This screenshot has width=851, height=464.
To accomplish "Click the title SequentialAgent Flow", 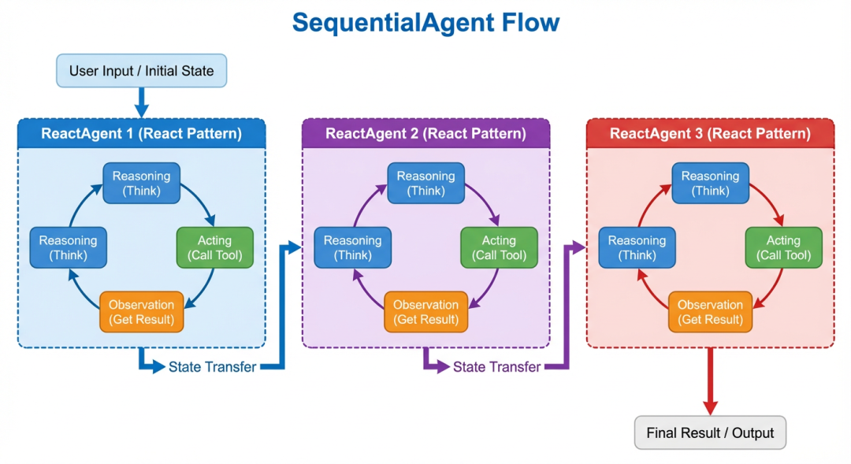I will (x=425, y=22).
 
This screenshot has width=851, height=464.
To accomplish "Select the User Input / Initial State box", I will (x=141, y=71).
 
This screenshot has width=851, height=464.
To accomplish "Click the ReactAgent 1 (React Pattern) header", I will (x=142, y=133).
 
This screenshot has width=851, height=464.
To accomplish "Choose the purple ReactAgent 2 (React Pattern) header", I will (x=425, y=133).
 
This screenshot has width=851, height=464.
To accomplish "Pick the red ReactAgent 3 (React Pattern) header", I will (x=710, y=133).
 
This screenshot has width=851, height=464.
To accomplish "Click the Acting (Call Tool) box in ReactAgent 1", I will (x=214, y=247).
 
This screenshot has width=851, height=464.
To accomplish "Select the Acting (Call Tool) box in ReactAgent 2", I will (x=499, y=247).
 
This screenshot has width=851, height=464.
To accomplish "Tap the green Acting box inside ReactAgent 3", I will (x=783, y=247).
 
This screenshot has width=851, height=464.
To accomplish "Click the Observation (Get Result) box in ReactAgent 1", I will (x=141, y=312).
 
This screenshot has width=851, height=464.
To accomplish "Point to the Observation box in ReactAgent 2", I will (x=425, y=312).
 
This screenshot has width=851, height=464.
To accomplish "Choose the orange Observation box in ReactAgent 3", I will (x=710, y=312).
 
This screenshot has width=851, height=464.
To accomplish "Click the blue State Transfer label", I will (x=212, y=367).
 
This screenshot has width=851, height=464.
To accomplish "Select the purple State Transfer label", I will (x=496, y=367).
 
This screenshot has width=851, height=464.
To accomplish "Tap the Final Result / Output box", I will (x=710, y=432).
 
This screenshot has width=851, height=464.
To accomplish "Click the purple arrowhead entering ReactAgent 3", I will (x=580, y=248).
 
